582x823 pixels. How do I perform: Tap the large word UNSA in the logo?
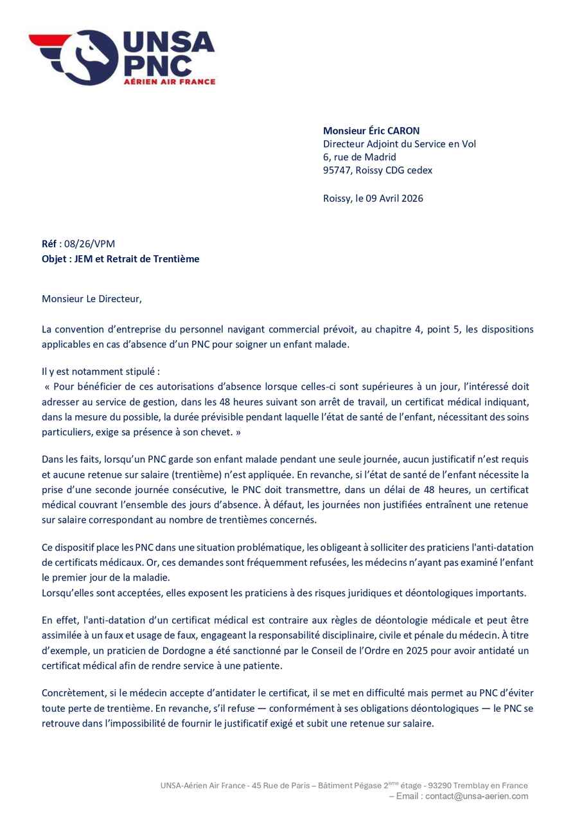coord(168,42)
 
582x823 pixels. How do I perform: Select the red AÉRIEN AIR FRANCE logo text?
coord(169,81)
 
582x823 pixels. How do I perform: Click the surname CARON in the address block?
coord(401,131)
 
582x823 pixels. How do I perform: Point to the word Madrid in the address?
coord(380,157)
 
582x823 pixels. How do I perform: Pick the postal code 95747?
coord(337,170)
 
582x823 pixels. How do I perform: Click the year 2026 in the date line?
coord(411,198)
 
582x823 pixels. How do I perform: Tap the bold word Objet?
coord(54,258)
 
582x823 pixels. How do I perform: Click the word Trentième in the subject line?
coord(176,258)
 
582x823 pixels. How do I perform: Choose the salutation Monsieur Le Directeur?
coord(91,298)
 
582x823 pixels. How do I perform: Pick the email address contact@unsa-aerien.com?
coord(477,796)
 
